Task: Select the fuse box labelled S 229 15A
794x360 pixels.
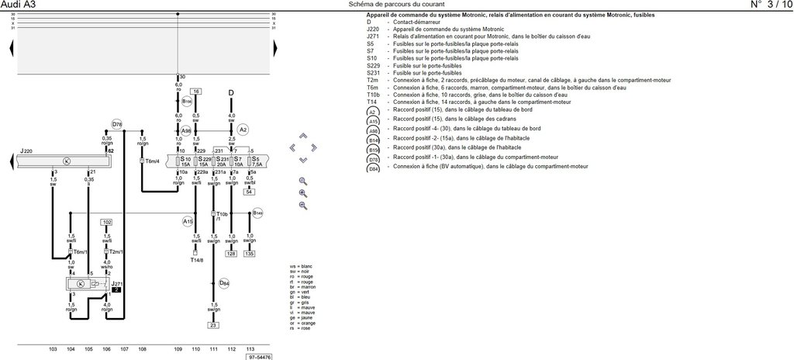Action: pos(204,161)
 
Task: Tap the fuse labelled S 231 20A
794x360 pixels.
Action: pos(221,161)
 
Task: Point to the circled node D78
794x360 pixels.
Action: pos(116,124)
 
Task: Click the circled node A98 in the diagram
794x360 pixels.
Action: pos(186,131)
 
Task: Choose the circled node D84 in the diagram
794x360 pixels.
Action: pos(224,283)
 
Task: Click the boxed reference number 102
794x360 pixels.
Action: pos(107,222)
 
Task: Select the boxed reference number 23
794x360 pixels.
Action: pos(213,325)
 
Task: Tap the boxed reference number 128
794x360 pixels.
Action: pos(231,253)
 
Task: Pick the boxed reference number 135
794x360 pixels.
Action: pos(249,253)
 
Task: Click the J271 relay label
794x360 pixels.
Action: pos(116,285)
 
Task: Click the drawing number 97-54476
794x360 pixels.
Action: pos(260,357)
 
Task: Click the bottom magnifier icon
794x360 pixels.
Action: pos(303,206)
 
